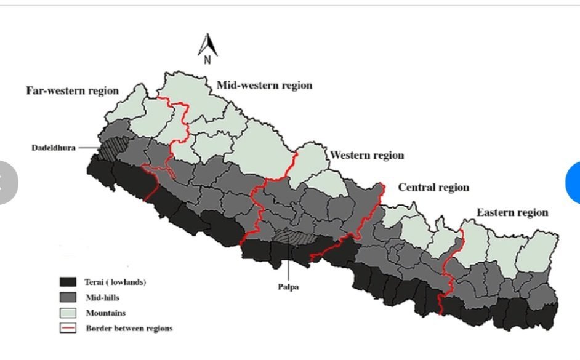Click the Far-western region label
[x=72, y=90]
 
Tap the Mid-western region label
[x=264, y=85]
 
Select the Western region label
[x=367, y=155]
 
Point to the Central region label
[x=433, y=187]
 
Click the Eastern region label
[x=512, y=212]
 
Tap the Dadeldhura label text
[x=54, y=148]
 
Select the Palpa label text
[x=288, y=286]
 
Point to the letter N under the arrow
[x=207, y=60]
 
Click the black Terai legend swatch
[x=67, y=282]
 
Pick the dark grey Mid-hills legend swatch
[x=67, y=297]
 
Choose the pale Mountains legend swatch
[x=67, y=313]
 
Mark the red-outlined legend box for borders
[x=67, y=328]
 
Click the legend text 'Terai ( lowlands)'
[x=115, y=282]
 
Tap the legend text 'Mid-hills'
[x=102, y=297]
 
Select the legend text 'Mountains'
[x=105, y=313]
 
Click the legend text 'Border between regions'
[x=129, y=328]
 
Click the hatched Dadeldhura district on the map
[x=113, y=148]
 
